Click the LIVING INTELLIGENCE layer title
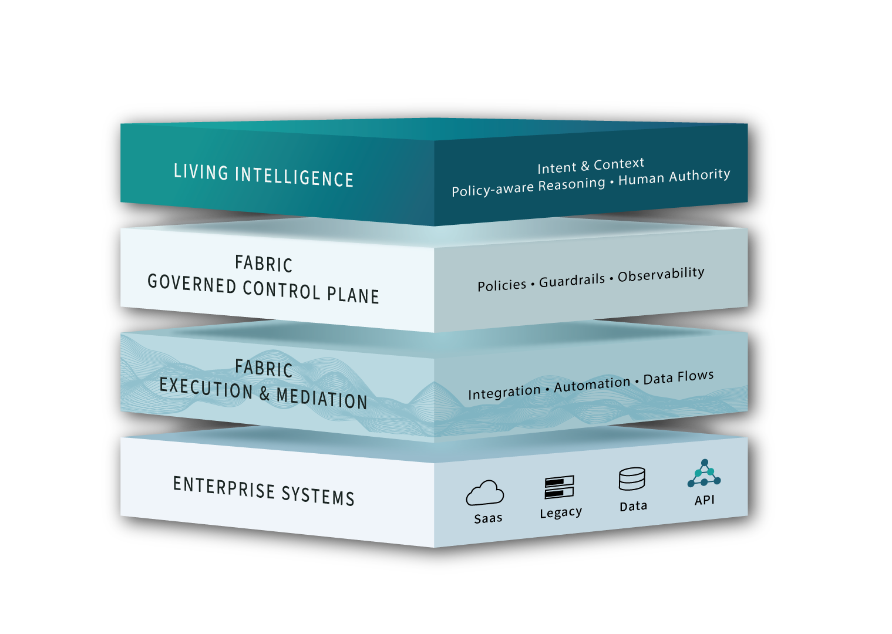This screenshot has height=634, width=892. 264,176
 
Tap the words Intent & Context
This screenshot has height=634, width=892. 591,166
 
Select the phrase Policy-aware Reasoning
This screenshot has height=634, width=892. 528,187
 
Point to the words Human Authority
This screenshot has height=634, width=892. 674,176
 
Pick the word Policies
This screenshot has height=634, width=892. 501,285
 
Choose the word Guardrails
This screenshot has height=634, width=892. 572,281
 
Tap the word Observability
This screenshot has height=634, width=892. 661,275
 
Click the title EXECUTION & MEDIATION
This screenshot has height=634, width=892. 263,393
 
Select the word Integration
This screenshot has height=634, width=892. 504,392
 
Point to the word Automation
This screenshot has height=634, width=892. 592,385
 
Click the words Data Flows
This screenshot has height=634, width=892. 678,377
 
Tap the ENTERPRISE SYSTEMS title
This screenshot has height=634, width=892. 264,491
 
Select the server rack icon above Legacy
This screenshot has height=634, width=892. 559,487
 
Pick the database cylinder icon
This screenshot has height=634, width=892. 632,479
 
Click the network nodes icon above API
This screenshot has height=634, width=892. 704,474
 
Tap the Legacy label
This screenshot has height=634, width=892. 561,512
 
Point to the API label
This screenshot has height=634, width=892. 705,500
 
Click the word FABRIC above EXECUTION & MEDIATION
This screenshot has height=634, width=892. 264,368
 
